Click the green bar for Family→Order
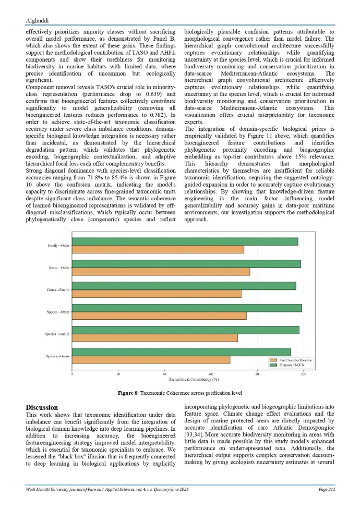click(x=185, y=241)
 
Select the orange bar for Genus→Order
click(x=161, y=272)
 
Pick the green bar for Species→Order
click(x=187, y=308)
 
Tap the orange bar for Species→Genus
click(x=151, y=360)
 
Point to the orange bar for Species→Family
click(x=154, y=337)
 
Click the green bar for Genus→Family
click(x=184, y=286)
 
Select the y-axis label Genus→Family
click(x=58, y=289)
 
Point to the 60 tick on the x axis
click(x=211, y=374)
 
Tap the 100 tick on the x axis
click(x=303, y=374)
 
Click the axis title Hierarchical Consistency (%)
click(x=187, y=380)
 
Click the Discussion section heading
click(x=42, y=407)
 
